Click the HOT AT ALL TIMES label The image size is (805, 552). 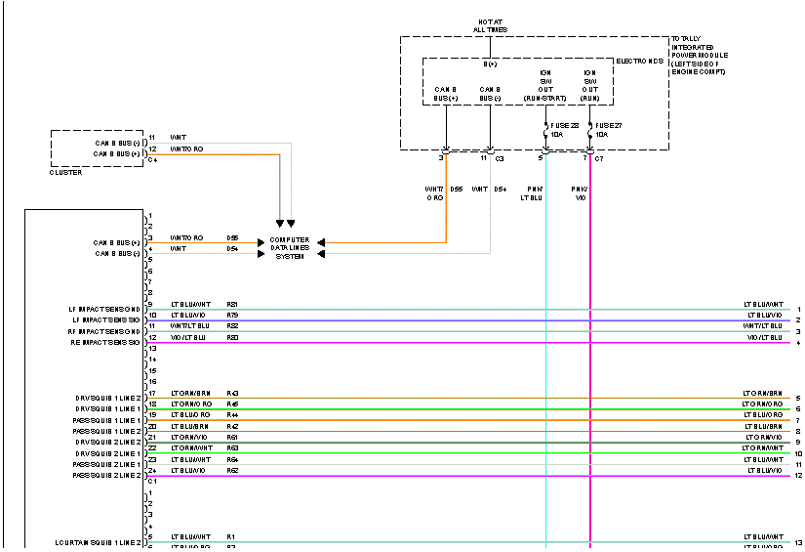[x=491, y=24]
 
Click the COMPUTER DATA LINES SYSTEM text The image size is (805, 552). [x=290, y=248]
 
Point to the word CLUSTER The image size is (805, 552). [x=65, y=173]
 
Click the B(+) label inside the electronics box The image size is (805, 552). [x=491, y=64]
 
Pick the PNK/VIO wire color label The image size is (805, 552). [x=580, y=192]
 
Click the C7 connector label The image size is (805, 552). [x=599, y=157]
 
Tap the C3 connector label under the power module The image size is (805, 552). [x=500, y=157]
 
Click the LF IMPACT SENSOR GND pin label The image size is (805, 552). [x=105, y=309]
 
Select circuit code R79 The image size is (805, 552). [x=232, y=316]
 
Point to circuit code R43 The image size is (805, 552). [x=232, y=394]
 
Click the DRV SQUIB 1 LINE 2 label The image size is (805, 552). [x=108, y=398]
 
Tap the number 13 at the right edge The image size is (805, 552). [x=797, y=542]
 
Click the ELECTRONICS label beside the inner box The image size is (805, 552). [x=640, y=61]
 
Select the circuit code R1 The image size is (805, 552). [x=230, y=536]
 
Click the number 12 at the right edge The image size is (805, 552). [x=797, y=476]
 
